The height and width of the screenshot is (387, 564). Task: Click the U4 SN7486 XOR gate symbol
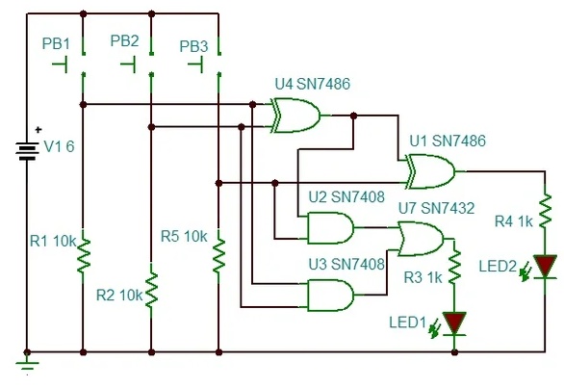[x=295, y=116]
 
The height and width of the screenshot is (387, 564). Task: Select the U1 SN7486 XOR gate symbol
[x=430, y=171]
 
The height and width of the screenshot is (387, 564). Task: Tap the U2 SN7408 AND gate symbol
[x=330, y=227]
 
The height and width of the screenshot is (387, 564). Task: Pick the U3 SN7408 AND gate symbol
[x=330, y=295]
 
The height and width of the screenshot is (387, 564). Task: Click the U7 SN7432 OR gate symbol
[x=421, y=239]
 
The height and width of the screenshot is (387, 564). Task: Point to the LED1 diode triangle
[x=454, y=322]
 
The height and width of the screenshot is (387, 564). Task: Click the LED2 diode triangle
[x=545, y=266]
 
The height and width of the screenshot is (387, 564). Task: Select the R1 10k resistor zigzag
[x=83, y=255]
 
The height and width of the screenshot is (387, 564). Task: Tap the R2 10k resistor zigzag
[x=151, y=289]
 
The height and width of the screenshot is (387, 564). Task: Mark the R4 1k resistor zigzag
[x=545, y=211]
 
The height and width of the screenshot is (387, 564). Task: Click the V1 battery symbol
[x=27, y=151]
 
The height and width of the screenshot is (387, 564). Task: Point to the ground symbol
[x=27, y=363]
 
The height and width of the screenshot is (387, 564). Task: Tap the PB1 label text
[x=56, y=43]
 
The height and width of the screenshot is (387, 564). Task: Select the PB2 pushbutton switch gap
[x=151, y=64]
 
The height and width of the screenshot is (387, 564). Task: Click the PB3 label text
[x=193, y=46]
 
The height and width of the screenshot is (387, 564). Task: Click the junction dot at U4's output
[x=353, y=116]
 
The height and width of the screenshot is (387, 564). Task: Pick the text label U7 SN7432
[x=436, y=208]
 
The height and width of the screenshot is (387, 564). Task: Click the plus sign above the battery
[x=38, y=129]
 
